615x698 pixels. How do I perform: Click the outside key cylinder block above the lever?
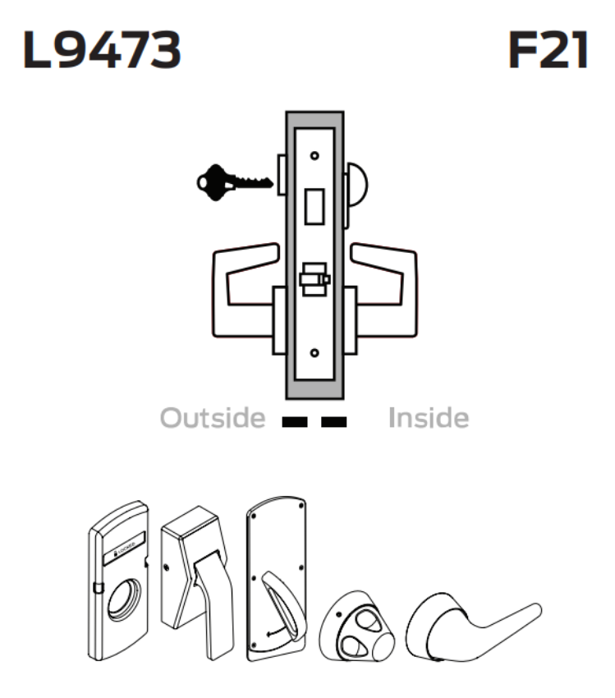[x=281, y=176]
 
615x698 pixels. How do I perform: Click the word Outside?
[x=213, y=418]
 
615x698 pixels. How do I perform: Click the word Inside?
[x=428, y=418]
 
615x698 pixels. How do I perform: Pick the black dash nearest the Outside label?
[x=294, y=423]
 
